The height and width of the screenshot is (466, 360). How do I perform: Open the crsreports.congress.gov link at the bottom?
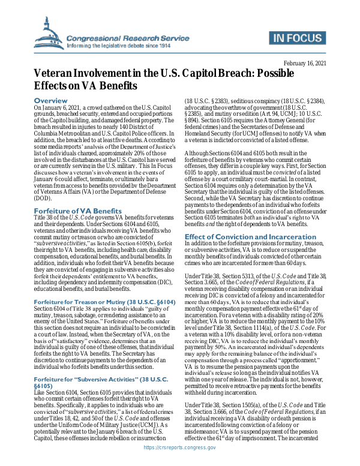tap(179, 458)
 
